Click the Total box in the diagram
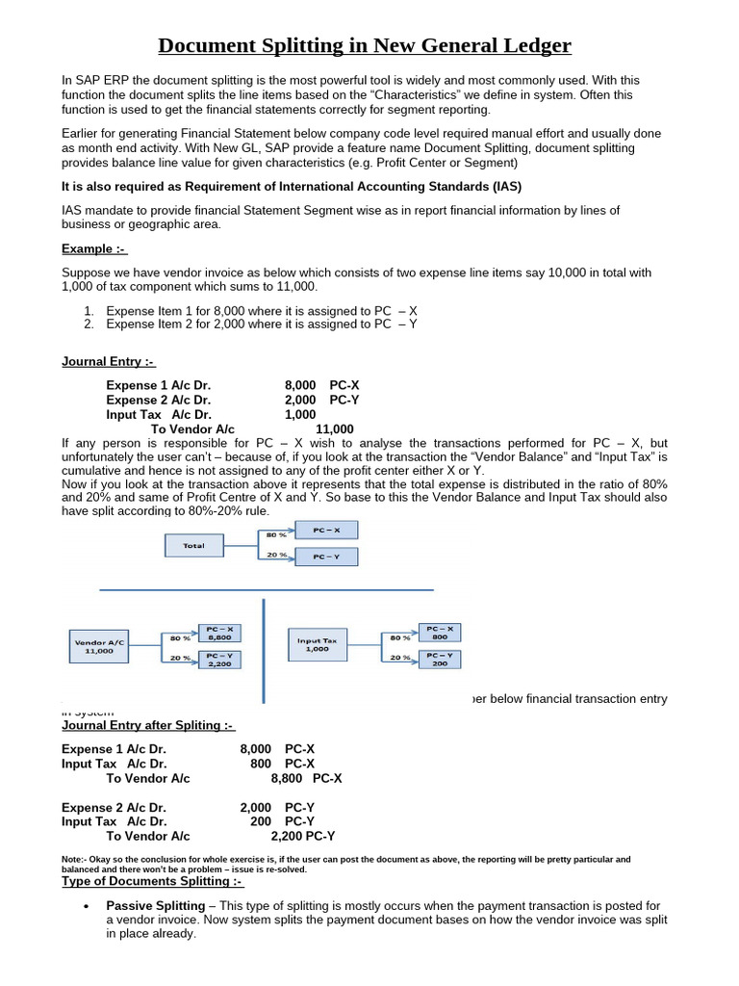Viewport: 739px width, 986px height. click(194, 545)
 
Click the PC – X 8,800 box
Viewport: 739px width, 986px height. click(220, 633)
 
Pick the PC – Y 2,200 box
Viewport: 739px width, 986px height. click(220, 660)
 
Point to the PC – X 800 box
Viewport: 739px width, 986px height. click(439, 632)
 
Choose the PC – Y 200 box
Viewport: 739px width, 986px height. click(439, 659)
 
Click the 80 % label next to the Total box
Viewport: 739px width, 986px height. click(277, 533)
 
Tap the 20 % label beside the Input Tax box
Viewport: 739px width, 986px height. click(400, 658)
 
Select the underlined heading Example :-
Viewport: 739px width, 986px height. click(94, 249)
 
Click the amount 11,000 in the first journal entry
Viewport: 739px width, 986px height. click(334, 429)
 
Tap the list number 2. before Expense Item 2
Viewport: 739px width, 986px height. click(89, 324)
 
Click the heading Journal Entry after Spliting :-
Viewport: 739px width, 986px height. click(147, 725)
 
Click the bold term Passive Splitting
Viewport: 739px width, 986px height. click(155, 906)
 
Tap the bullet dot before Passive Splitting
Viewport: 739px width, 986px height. click(87, 907)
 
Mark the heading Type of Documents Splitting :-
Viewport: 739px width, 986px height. click(152, 881)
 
